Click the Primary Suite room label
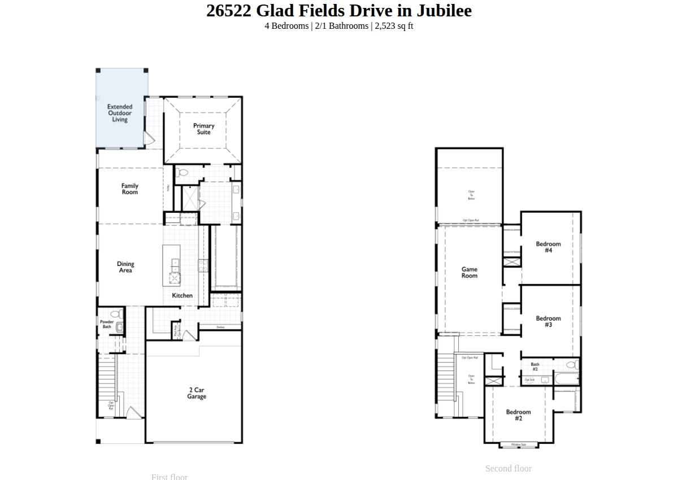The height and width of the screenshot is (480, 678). tap(204, 129)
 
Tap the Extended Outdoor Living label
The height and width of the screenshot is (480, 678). tap(120, 113)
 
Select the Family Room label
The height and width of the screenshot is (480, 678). tap(130, 189)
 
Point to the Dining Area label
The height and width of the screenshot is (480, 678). tap(125, 267)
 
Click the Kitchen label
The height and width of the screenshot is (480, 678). tap(182, 295)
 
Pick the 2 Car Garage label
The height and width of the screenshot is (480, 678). tap(197, 393)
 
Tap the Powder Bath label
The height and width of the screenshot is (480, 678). tap(107, 324)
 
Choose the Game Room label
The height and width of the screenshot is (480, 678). tap(470, 273)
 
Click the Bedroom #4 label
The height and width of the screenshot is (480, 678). tap(548, 247)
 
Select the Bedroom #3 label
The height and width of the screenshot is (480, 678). tap(548, 321)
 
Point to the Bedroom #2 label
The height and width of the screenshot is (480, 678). tap(518, 415)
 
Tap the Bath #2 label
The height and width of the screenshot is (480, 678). tap(535, 366)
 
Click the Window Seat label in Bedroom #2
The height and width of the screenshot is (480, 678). tap(519, 445)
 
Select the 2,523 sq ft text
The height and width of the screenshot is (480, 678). tap(394, 26)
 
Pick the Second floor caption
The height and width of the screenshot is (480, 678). tap(508, 469)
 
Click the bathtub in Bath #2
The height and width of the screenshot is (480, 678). tap(566, 379)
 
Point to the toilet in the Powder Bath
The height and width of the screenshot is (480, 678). tap(117, 315)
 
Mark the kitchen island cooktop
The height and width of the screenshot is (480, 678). tap(175, 278)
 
